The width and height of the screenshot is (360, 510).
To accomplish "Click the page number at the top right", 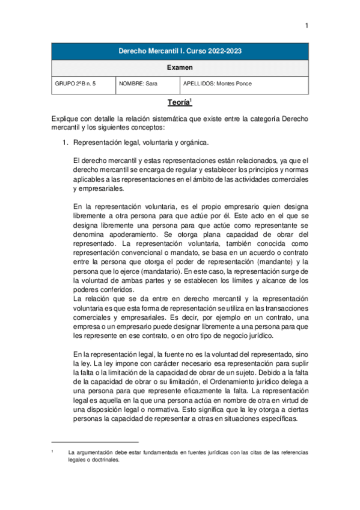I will click(307, 25).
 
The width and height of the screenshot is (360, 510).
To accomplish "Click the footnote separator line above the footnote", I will click(96, 441).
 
